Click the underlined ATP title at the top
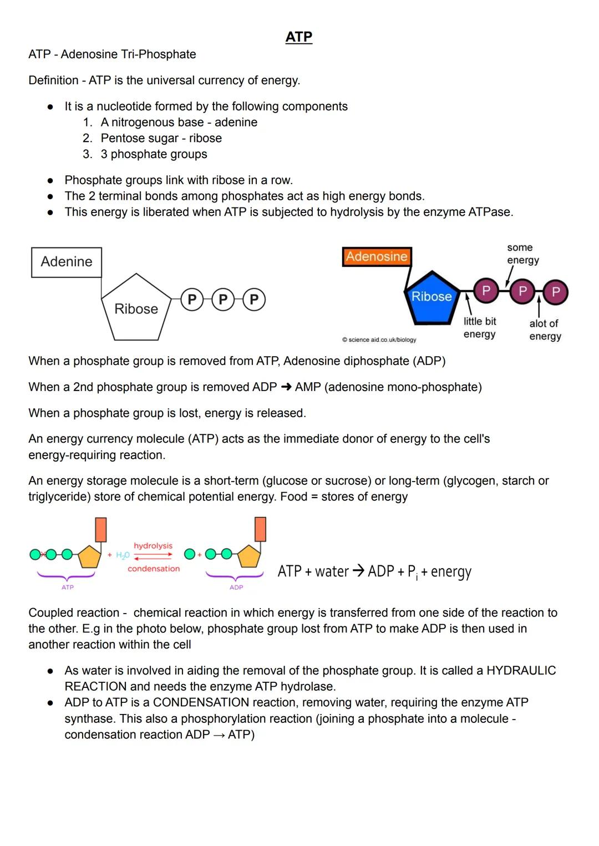point(299,37)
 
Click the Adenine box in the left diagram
point(67,262)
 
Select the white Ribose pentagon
point(136,308)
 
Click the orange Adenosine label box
point(377,256)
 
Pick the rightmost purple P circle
point(556,292)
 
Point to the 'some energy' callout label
point(522,254)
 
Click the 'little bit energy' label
point(480,328)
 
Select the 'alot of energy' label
point(545,330)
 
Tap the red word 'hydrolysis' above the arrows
point(153,546)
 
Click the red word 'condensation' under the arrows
point(154,569)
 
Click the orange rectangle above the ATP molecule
point(101,529)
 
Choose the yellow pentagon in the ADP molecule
point(250,556)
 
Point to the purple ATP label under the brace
point(67,587)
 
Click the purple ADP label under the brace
point(236,587)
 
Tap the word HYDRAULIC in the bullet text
point(521,671)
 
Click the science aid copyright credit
point(379,340)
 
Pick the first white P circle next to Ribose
point(192,300)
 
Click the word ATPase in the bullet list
point(490,212)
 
